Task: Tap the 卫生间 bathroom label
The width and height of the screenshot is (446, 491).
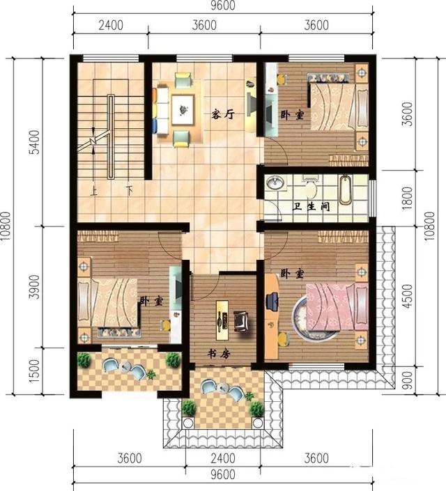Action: coord(312,207)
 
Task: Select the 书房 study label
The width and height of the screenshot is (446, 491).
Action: coord(219,353)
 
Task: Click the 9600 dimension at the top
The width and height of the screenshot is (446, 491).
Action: coord(222,6)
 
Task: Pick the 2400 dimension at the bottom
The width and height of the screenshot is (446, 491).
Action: coord(222,458)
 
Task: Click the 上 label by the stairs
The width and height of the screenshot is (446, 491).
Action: coord(94,188)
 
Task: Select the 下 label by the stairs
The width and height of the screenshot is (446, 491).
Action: coord(129,188)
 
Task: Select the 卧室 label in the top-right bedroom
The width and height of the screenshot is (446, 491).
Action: coord(292,114)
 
